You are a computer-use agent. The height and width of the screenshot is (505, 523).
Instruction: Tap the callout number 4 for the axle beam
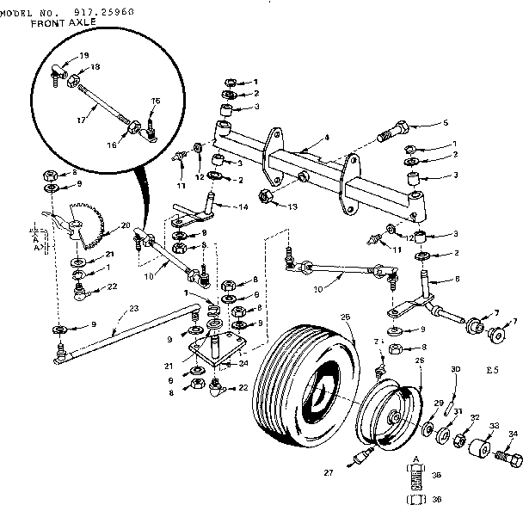pyautogui.click(x=327, y=139)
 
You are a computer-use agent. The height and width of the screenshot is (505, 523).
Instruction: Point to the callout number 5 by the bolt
pyautogui.click(x=446, y=123)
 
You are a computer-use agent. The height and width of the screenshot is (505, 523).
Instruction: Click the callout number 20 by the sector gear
pyautogui.click(x=126, y=225)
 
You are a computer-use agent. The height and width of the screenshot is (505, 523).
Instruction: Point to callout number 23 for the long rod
pyautogui.click(x=133, y=309)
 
